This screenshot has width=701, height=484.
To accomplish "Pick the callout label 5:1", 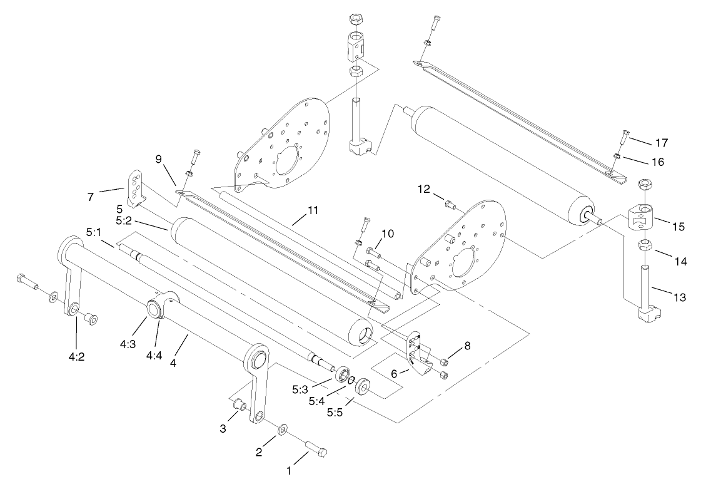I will point(94,233).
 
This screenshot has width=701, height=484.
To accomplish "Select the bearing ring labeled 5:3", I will point(343,375).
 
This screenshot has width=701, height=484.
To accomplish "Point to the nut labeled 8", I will point(444,362).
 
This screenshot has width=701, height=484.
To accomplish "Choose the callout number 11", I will point(313,211).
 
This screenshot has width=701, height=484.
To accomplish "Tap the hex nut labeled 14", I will point(644,248).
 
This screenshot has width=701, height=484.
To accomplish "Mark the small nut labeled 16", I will point(617,156).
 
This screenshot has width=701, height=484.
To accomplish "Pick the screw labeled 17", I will point(626,135).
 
